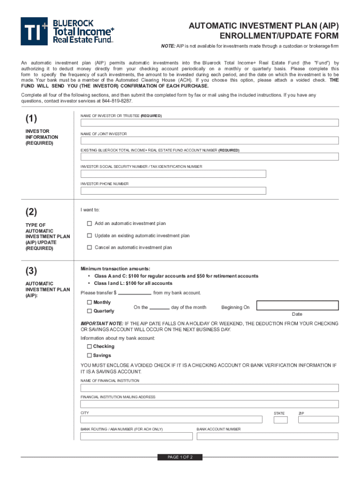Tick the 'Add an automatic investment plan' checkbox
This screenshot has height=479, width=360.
coord(89,224)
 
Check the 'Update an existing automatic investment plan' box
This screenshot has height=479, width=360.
coord(89,236)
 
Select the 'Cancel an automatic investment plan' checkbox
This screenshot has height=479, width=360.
coord(89,247)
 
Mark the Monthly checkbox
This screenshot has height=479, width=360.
coord(89,303)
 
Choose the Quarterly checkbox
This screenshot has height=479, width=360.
coord(89,311)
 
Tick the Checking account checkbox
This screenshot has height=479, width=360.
coord(89,347)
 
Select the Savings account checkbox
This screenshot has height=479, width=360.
coord(89,356)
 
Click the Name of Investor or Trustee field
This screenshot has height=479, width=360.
coord(209,123)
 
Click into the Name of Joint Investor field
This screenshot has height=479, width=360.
coord(209,140)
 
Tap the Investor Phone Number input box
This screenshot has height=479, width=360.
coord(173,191)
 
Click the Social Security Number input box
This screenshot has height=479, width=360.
coord(173,174)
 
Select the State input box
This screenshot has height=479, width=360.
coord(281,420)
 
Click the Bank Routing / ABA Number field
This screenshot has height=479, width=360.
coord(137,436)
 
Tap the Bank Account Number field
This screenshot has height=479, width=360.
coord(267,436)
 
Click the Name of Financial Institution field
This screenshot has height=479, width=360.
coord(209,388)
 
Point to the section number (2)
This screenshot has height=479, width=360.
coord(32,212)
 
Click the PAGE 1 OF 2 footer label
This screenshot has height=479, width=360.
coord(180,457)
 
